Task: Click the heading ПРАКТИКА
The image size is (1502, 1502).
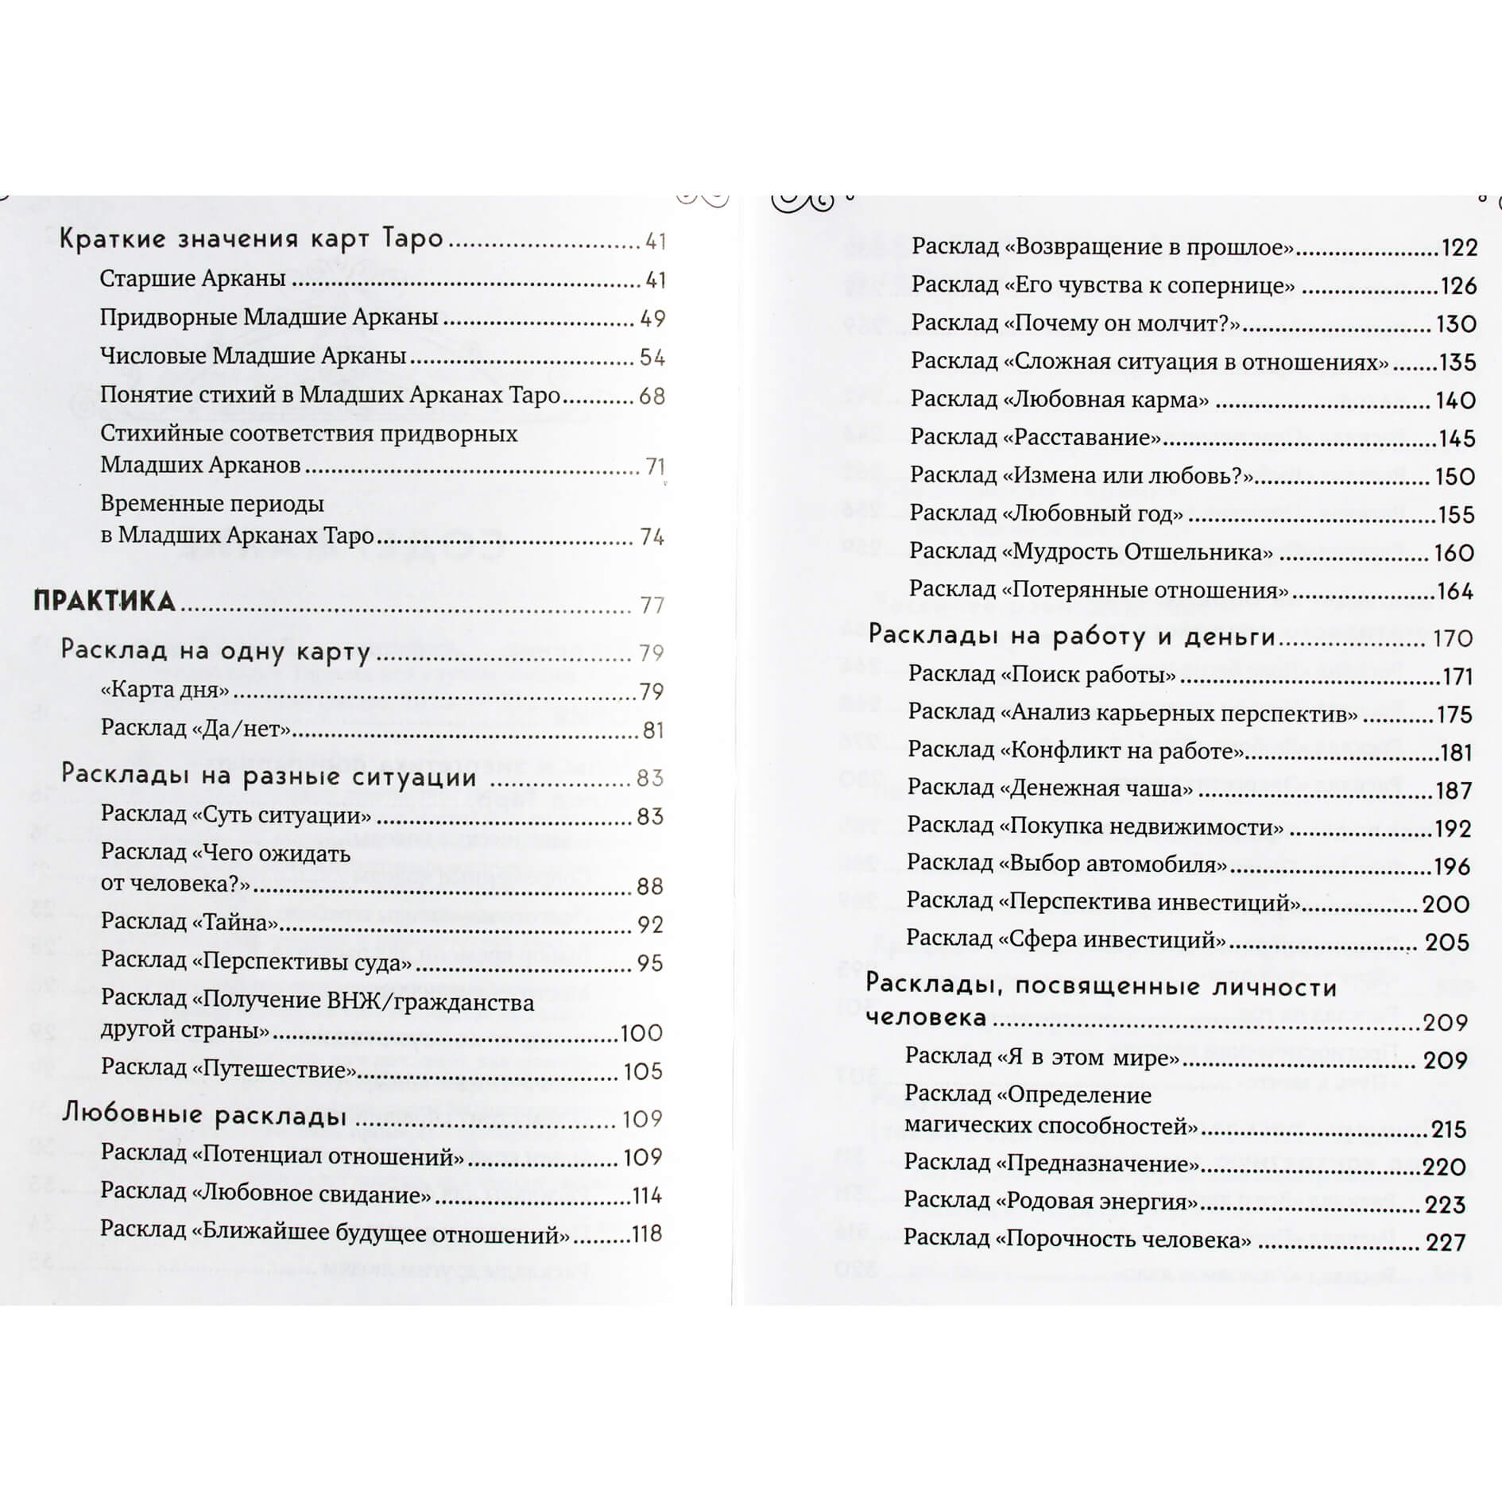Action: pyautogui.click(x=104, y=602)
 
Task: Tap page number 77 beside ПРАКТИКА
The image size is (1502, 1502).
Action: pyautogui.click(x=652, y=606)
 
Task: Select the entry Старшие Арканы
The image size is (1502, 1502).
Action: pyautogui.click(x=192, y=278)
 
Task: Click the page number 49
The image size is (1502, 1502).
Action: pyautogui.click(x=652, y=319)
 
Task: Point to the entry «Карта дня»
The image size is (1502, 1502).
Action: pyautogui.click(x=165, y=690)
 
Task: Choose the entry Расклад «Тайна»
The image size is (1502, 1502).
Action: pyautogui.click(x=190, y=922)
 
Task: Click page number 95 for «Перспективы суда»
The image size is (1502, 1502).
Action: pyautogui.click(x=649, y=963)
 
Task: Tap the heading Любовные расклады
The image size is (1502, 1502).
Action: pyautogui.click(x=204, y=1116)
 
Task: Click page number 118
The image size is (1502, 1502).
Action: pyautogui.click(x=646, y=1233)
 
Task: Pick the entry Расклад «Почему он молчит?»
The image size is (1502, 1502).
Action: pyautogui.click(x=1075, y=323)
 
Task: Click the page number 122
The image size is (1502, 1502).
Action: pyautogui.click(x=1458, y=248)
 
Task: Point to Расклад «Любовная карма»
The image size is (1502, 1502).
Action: pyautogui.click(x=1059, y=399)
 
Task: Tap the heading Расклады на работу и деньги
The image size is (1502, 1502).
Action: pyautogui.click(x=1071, y=636)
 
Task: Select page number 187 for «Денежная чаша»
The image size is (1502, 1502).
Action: pyautogui.click(x=1454, y=791)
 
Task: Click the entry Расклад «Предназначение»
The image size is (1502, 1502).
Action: pyautogui.click(x=1051, y=1163)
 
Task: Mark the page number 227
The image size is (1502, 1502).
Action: pyautogui.click(x=1446, y=1242)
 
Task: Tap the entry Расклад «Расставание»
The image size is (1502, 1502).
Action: pyautogui.click(x=1036, y=437)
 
